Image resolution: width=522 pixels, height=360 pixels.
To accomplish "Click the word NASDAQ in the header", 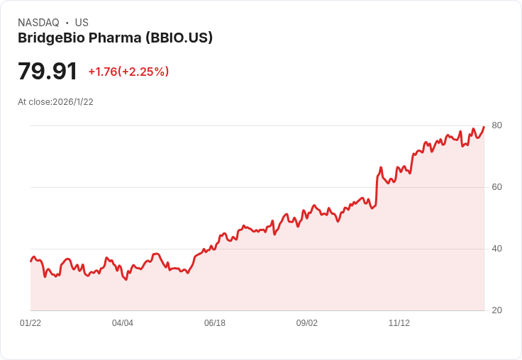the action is click(38, 23).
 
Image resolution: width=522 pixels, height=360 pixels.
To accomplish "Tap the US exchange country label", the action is click(82, 23).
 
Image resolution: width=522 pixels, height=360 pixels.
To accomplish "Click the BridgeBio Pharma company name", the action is click(79, 38).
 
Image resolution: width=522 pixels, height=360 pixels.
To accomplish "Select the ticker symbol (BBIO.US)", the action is click(179, 38).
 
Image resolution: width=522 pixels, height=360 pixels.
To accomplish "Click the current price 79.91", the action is click(48, 71).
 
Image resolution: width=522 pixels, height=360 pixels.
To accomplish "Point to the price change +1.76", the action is click(103, 72).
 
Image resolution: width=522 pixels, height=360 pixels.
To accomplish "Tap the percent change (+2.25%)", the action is click(143, 72).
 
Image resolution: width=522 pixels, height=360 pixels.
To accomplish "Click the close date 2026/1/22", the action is click(73, 102).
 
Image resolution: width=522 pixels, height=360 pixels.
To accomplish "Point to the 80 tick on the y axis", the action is click(496, 125).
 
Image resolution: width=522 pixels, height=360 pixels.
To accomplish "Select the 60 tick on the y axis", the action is click(496, 187).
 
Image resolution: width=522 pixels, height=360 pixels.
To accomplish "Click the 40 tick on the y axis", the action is click(496, 249).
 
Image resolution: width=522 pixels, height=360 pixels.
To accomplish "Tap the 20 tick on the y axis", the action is click(496, 310).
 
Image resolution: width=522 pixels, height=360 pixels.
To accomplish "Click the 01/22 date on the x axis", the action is click(30, 323).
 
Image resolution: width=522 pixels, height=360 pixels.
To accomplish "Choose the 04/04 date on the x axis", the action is click(123, 323).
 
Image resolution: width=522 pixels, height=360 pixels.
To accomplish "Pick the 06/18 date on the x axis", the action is click(215, 323).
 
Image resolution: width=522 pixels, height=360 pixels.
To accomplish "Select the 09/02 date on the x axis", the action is click(307, 323).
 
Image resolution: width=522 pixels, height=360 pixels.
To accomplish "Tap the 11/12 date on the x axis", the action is click(399, 323).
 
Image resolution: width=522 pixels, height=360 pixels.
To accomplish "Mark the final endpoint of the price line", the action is click(484, 126).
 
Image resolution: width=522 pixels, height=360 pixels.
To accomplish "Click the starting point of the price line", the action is click(31, 261).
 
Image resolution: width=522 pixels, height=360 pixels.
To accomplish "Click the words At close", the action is click(34, 102).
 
